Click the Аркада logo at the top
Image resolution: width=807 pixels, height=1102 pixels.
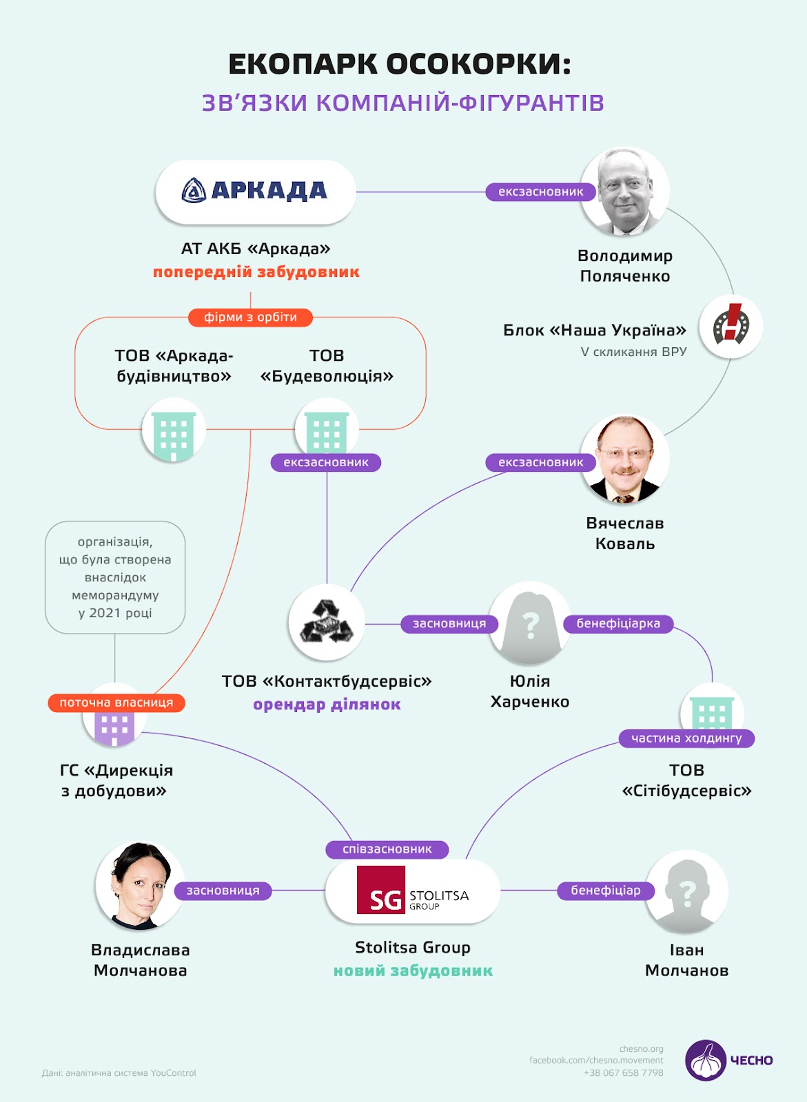tap(255, 191)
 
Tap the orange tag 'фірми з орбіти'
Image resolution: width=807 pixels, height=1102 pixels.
tap(250, 318)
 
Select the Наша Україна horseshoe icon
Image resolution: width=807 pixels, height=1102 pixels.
tap(731, 326)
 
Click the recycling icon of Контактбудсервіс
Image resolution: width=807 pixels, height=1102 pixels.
tap(327, 622)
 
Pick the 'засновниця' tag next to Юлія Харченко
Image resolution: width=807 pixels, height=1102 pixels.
tap(449, 624)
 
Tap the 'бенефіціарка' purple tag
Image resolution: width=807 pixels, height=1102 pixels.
tap(618, 624)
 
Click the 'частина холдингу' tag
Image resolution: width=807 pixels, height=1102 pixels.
tap(686, 738)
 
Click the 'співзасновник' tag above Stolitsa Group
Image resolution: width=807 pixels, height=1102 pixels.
tap(387, 849)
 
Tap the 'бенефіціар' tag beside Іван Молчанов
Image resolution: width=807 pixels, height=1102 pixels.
tap(605, 891)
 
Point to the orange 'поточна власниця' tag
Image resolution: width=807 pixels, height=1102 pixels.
tap(116, 703)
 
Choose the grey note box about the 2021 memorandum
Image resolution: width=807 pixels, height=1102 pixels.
tap(115, 577)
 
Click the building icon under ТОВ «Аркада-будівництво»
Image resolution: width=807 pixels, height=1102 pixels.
tap(174, 432)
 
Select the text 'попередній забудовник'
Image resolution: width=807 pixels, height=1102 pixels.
tap(256, 272)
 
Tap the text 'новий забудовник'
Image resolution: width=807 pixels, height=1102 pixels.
tap(413, 971)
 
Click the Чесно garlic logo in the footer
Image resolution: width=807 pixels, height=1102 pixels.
tap(705, 1060)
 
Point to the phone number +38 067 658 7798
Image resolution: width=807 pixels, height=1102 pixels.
tap(623, 1072)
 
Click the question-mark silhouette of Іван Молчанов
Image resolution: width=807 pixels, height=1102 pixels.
tap(686, 893)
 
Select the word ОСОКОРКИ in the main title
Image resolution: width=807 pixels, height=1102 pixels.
tap(478, 64)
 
